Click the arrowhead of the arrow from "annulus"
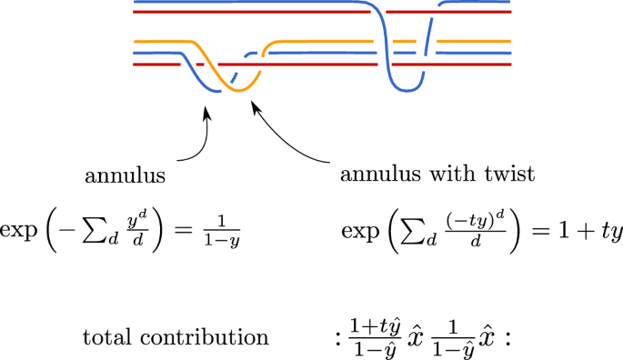coord(209,112)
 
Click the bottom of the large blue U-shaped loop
coord(406,90)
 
